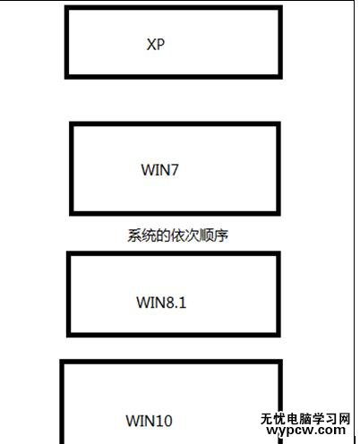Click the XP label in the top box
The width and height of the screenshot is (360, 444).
click(156, 45)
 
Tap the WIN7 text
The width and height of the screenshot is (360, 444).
click(159, 170)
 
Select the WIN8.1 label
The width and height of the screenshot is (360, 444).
click(161, 303)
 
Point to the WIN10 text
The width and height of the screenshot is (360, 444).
click(149, 421)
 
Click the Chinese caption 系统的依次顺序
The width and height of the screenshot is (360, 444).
click(178, 235)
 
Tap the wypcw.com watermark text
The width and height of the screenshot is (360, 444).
click(306, 431)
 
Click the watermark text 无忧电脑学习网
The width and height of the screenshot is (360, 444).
click(305, 419)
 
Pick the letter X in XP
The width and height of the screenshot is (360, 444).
click(151, 45)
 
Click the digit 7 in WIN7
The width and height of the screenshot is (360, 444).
click(174, 170)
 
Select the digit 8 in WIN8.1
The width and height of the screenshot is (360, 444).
click(169, 303)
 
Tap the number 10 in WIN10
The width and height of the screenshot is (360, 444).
click(163, 421)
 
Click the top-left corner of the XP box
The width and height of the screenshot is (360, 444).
click(66, 7)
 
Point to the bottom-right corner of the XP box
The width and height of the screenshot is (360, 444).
click(280, 77)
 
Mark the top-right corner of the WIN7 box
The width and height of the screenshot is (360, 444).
click(279, 124)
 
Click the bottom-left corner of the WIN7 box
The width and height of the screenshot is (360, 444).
click(72, 214)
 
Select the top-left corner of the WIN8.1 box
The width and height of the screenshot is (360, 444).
click(68, 253)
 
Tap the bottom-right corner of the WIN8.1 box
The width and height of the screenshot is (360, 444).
click(279, 335)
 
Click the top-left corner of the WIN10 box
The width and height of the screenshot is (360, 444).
click(62, 362)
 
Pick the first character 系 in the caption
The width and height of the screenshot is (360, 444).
click(134, 235)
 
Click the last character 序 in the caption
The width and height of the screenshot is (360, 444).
click(221, 235)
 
